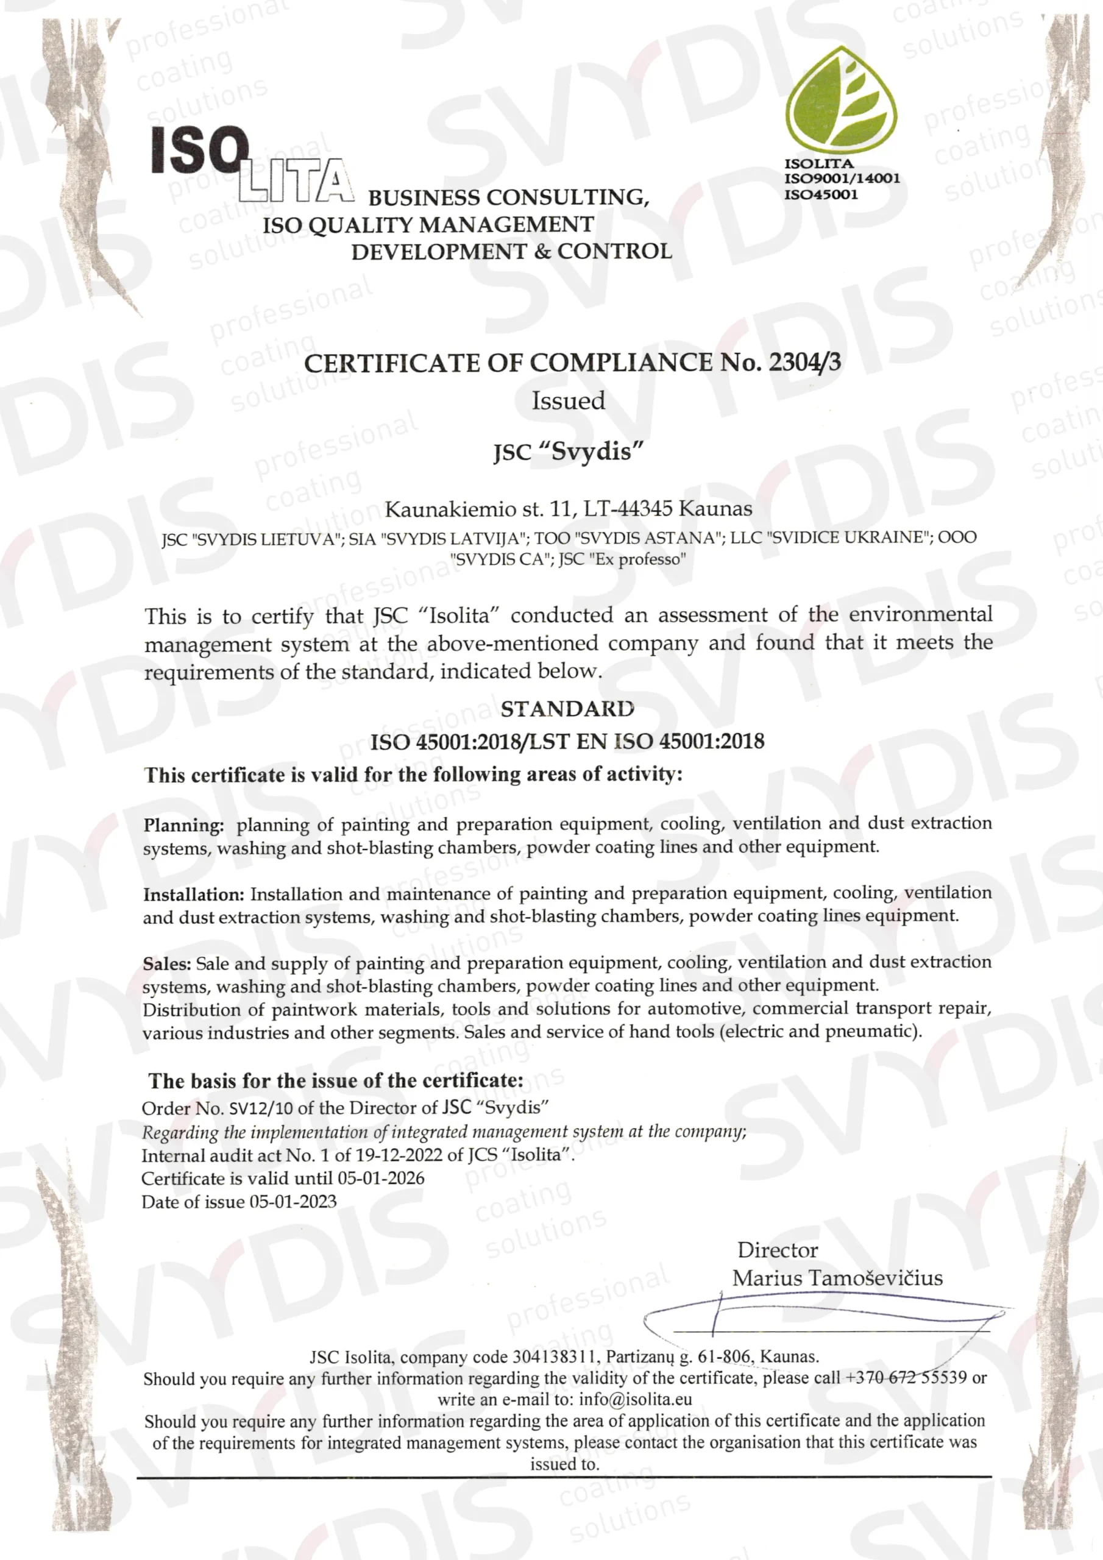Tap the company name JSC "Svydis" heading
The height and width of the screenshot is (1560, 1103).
pos(567,451)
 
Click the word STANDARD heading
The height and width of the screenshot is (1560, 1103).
pos(567,709)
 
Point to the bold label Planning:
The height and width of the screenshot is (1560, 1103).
pos(183,826)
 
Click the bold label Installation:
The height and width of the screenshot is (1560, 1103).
pos(194,895)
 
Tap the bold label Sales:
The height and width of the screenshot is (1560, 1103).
pos(167,964)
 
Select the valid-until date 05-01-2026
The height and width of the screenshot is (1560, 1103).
pos(381,1178)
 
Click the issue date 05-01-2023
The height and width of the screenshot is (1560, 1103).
pos(293,1202)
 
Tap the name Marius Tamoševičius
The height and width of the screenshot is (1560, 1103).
pos(837,1278)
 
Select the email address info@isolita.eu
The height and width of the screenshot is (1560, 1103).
pos(636,1399)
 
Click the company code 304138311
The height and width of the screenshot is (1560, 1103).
pos(555,1358)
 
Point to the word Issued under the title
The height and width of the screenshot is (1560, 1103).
pos(568,401)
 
